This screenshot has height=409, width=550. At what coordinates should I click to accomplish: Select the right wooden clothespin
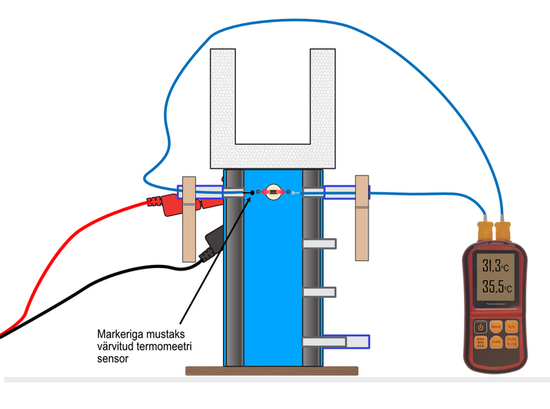click(362, 218)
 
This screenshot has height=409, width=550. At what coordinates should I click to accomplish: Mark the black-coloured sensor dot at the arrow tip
click(252, 192)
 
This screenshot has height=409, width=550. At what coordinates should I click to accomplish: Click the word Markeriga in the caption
click(121, 334)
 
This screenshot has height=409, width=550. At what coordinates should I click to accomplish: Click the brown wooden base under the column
click(272, 371)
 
